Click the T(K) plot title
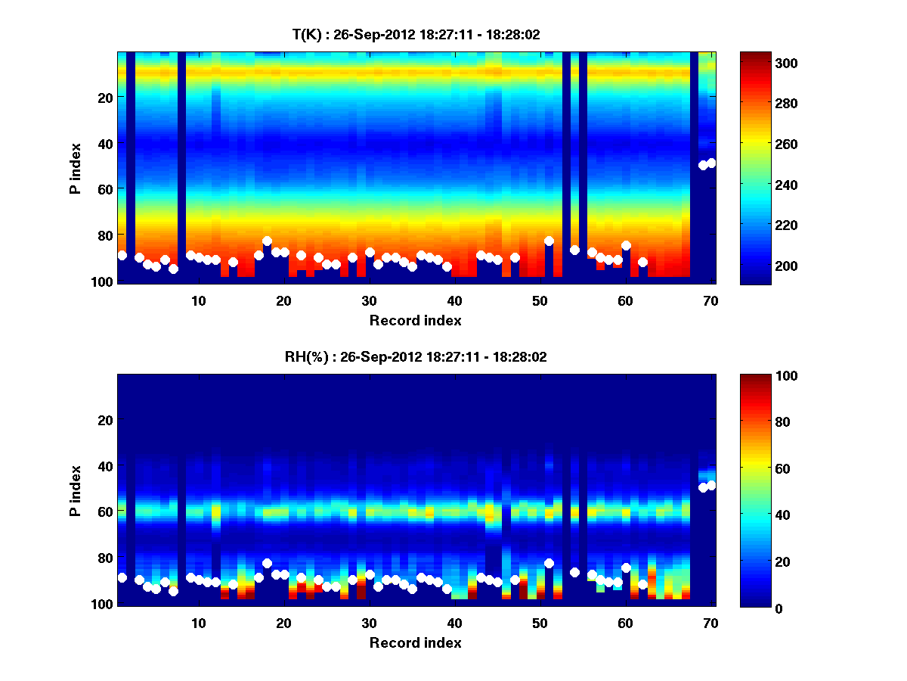(x=416, y=35)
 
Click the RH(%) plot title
(x=416, y=357)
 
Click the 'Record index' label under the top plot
(x=416, y=320)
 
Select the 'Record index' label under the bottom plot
(x=416, y=642)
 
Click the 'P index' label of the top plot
(x=76, y=167)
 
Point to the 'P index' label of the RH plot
(x=76, y=490)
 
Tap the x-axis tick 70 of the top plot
(x=710, y=300)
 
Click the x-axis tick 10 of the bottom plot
(x=199, y=623)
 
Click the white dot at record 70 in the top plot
(x=711, y=163)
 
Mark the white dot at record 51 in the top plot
(x=549, y=241)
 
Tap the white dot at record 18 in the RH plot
(x=267, y=564)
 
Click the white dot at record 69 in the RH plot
(x=703, y=487)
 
